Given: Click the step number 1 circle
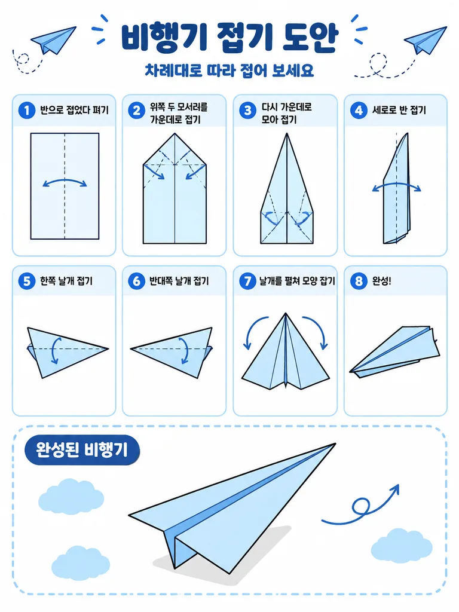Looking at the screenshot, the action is (x=27, y=111).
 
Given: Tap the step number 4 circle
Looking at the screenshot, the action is (x=359, y=111).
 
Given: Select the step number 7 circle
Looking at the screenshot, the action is (x=247, y=281).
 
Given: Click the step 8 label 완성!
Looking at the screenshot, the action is (x=381, y=281).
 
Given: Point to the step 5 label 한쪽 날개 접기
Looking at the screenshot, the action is (x=66, y=281).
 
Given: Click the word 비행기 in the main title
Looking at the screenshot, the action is (x=163, y=37).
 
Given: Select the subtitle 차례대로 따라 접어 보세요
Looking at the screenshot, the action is (x=229, y=71).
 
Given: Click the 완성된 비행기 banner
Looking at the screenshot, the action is (x=82, y=450).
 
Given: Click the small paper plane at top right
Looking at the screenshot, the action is (x=426, y=40).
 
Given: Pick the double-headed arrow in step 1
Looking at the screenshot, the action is (x=65, y=180).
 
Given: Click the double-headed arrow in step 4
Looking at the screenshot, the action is (x=397, y=185).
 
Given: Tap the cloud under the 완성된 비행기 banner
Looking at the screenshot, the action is (x=71, y=497).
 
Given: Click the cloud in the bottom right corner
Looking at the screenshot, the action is (x=402, y=546).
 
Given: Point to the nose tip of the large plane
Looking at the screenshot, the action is (x=336, y=443).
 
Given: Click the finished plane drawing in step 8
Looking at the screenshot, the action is (x=394, y=352).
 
